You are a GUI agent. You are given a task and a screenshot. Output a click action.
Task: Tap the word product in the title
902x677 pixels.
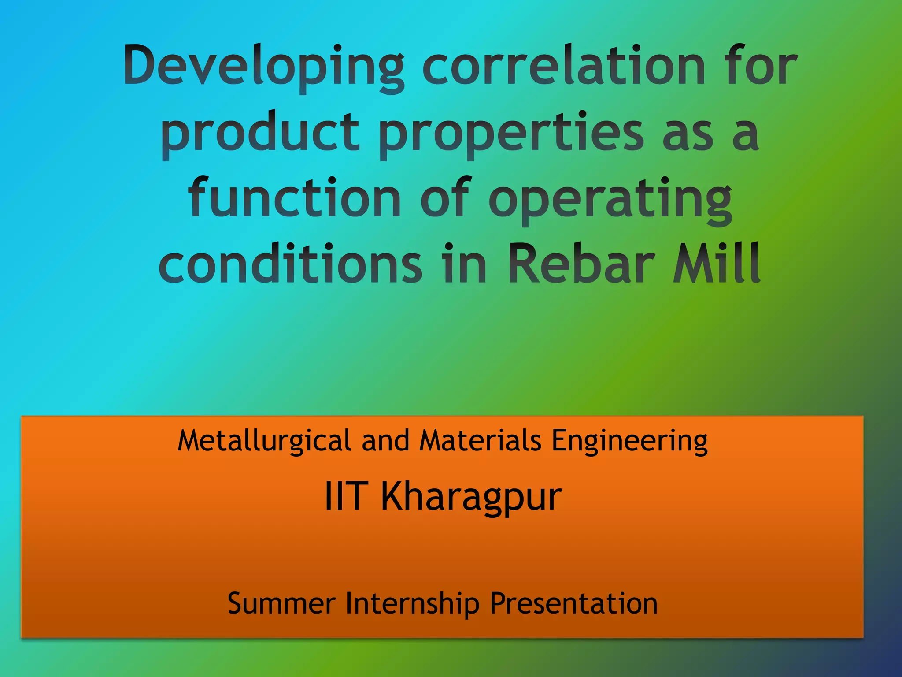click(260, 132)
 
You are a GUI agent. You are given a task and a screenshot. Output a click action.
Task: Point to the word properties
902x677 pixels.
click(511, 132)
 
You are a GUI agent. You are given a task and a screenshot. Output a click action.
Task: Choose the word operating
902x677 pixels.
click(610, 199)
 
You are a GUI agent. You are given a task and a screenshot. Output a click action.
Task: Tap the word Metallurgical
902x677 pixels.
click(264, 441)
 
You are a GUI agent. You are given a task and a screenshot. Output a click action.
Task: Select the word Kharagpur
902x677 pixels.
click(471, 497)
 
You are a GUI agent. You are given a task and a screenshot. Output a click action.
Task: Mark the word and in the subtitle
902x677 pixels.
click(385, 441)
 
